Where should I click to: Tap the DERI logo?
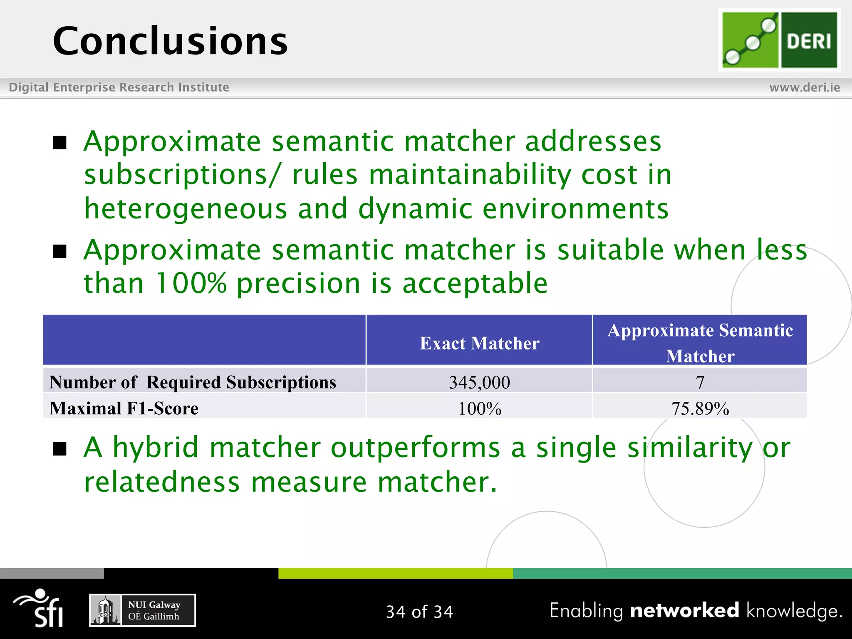pos(779,40)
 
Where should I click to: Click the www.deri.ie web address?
pos(804,87)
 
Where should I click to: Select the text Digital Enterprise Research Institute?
pos(119,87)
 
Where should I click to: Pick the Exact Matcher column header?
pos(479,343)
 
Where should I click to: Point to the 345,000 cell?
pos(479,382)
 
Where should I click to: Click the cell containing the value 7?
pos(700,382)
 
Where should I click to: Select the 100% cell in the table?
pos(479,409)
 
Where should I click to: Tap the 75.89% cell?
pos(700,409)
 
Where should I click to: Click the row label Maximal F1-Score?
pos(124,408)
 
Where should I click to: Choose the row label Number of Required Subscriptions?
pos(192,382)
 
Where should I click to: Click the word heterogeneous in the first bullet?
pos(186,209)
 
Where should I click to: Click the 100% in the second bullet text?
pos(191,284)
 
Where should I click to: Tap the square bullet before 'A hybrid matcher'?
pos(60,449)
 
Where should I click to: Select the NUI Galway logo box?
pos(142,610)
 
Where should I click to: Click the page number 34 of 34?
pos(419,612)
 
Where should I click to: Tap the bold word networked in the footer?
pos(684,610)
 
